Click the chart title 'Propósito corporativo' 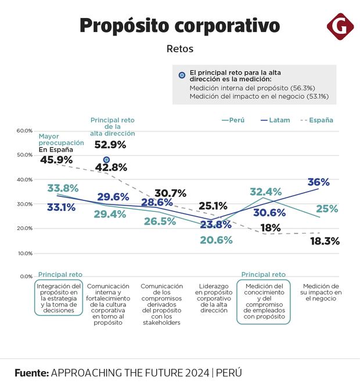pyautogui.click(x=179, y=26)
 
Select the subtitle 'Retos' pyautogui.click(x=179, y=49)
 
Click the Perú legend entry pyautogui.click(x=233, y=120)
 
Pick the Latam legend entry pyautogui.click(x=273, y=120)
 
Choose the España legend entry pyautogui.click(x=316, y=120)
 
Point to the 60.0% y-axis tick pyautogui.click(x=24, y=131)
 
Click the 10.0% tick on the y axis pyautogui.click(x=24, y=253)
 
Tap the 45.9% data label pyautogui.click(x=56, y=159)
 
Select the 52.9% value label pyautogui.click(x=110, y=145)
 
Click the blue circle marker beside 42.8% pyautogui.click(x=106, y=160)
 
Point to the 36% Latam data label pyautogui.click(x=318, y=182)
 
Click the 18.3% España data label pyautogui.click(x=324, y=241)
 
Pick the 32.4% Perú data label pyautogui.click(x=265, y=192)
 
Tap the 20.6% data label pyautogui.click(x=216, y=240)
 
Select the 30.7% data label pyautogui.click(x=170, y=193)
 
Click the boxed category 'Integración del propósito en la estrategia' pyautogui.click(x=58, y=298)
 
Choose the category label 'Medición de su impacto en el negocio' pyautogui.click(x=320, y=292)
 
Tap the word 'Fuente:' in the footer pyautogui.click(x=32, y=372)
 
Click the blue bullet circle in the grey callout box pyautogui.click(x=182, y=75)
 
